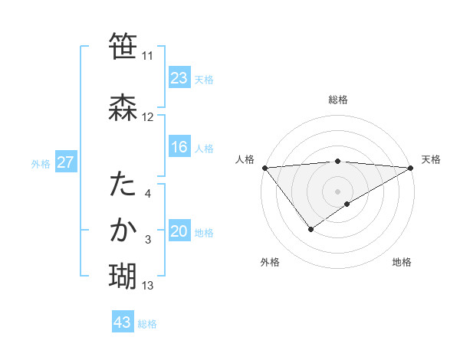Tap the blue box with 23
pos(179,78)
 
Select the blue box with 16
pos(179,147)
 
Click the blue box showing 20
pos(179,232)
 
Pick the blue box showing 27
pos(65,162)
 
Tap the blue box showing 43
pos(123,322)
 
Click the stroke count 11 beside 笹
pos(147,55)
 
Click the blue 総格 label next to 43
pos(147,324)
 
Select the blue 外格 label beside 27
pos(41,163)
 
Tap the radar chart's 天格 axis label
pos(431,159)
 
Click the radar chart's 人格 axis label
pos(245,159)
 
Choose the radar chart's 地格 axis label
pos(402,262)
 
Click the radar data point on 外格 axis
pos(311,228)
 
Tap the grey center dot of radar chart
pos(338,191)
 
